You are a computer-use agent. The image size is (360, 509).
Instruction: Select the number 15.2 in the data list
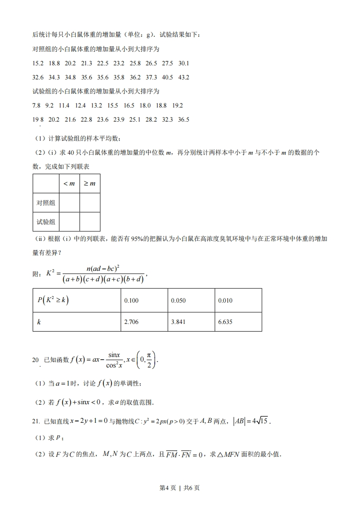(38, 63)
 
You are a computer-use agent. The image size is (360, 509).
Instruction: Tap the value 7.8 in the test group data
(37, 105)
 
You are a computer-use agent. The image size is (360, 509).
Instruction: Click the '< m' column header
(69, 183)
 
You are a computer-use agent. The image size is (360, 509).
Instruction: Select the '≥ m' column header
(89, 183)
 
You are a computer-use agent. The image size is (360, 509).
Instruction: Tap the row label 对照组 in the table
(46, 203)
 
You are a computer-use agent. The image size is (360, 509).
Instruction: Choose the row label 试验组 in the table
(46, 222)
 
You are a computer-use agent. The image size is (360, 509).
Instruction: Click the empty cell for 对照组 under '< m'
(69, 203)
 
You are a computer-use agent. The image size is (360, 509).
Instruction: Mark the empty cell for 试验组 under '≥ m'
(89, 222)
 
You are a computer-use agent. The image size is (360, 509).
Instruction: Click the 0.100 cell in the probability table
(131, 301)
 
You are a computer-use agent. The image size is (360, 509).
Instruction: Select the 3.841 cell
(178, 322)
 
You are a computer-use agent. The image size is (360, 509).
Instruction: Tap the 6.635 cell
(225, 322)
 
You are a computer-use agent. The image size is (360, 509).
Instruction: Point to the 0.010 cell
(225, 301)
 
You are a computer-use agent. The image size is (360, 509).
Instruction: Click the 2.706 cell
(131, 322)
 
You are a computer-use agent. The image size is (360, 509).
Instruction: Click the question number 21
(36, 421)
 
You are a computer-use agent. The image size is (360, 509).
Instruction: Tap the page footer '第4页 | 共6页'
(180, 488)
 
